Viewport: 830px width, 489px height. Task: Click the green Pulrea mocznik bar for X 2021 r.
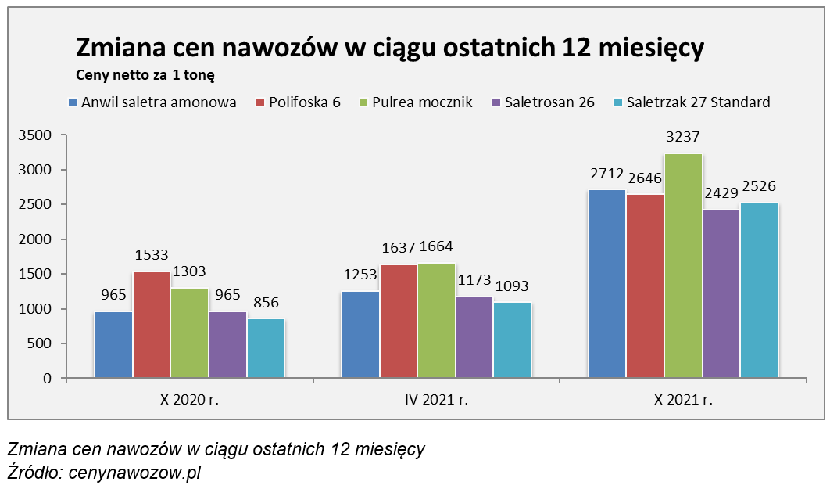pyautogui.click(x=683, y=266)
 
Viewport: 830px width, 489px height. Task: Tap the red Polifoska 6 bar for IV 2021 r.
pyautogui.click(x=399, y=321)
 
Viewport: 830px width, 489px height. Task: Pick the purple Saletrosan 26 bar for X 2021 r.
pyautogui.click(x=721, y=293)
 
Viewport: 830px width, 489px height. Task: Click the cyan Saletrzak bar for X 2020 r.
pyautogui.click(x=266, y=348)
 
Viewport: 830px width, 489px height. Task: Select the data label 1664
pyautogui.click(x=435, y=248)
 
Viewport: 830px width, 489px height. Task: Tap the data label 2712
pyautogui.click(x=606, y=174)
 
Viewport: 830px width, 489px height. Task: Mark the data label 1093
pyautogui.click(x=512, y=286)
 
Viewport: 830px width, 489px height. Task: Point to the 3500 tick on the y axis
pyautogui.click(x=34, y=135)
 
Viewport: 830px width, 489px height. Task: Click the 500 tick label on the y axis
pyautogui.click(x=39, y=343)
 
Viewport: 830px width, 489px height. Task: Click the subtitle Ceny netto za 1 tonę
pyautogui.click(x=145, y=76)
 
